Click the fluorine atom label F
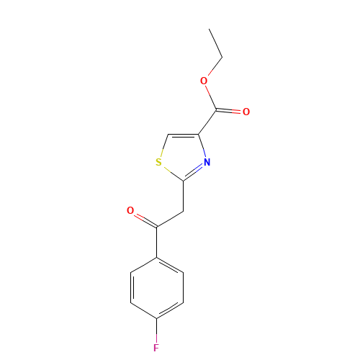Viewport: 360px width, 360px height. tap(156, 348)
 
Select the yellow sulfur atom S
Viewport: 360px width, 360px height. tap(158, 163)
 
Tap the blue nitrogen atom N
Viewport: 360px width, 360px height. tap(207, 163)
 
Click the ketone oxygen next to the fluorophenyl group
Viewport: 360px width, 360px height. tap(130, 211)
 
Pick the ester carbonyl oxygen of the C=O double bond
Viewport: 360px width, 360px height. tap(246, 112)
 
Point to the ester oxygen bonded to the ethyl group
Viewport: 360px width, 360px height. tap(204, 81)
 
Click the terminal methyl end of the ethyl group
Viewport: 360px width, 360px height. tap(210, 31)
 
